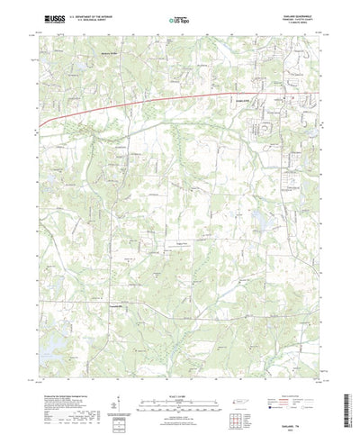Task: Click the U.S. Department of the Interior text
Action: click(x=90, y=15)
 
